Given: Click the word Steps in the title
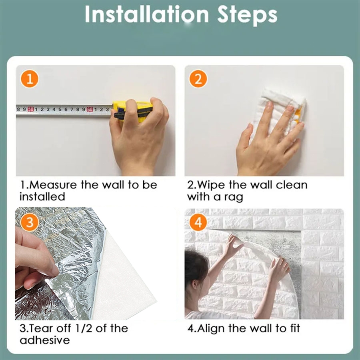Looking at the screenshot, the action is coord(247,16).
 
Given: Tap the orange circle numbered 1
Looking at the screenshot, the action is coord(30,79).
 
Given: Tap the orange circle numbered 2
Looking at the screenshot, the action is coord(198,79).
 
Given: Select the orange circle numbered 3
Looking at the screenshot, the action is coord(30,222).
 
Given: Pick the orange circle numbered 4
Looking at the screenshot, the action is coord(198,222).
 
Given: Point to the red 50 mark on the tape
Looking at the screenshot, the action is coord(31,109).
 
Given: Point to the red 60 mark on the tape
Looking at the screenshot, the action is coord(90,109).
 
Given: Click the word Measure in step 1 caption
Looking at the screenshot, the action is coord(51,185).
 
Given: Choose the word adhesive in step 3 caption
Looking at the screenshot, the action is coord(45,340).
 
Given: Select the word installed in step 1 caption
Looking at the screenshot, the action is coord(42,197).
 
